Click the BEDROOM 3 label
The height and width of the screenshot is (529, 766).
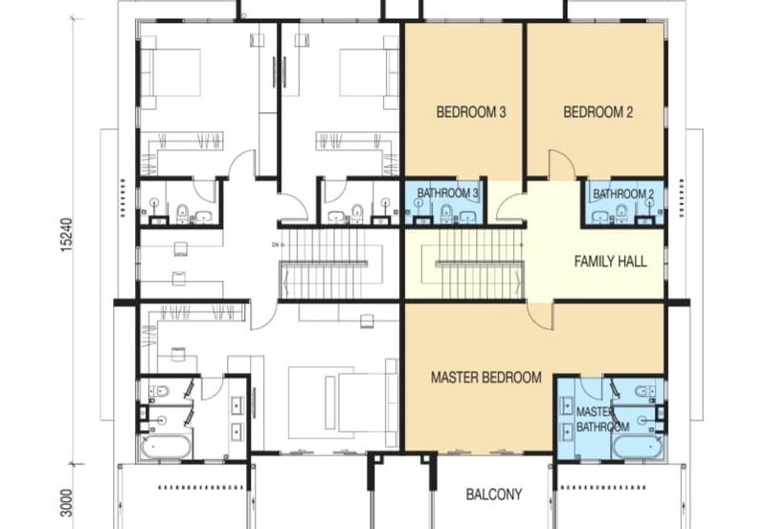coord(471,112)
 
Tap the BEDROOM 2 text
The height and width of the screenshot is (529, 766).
coord(597,112)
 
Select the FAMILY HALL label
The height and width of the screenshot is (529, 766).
coord(610,261)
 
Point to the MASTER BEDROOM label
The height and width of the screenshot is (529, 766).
coord(485,378)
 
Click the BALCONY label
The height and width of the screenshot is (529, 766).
coord(494,494)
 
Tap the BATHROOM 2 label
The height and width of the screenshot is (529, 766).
coord(622,195)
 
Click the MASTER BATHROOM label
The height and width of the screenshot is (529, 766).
coord(601,419)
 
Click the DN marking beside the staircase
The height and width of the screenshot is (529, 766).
coord(274,244)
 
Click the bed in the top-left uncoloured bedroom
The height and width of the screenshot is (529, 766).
coord(172,72)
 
